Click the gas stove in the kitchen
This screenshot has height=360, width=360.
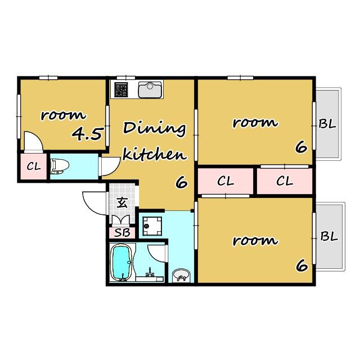[121, 89]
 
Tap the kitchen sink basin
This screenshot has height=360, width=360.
[150, 90]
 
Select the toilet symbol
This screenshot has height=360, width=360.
[60, 166]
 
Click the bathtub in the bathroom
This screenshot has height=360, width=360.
[121, 262]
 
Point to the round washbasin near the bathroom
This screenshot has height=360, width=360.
[181, 275]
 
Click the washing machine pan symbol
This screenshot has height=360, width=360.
[152, 226]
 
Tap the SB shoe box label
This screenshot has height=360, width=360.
[122, 233]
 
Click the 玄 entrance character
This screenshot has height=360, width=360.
[122, 202]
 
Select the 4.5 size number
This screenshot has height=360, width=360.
[87, 134]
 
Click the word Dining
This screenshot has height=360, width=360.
[154, 129]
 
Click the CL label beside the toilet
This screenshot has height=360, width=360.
[34, 166]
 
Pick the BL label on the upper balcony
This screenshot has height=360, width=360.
[327, 124]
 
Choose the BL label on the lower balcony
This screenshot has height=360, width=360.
[329, 236]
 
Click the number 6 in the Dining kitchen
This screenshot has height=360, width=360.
[182, 183]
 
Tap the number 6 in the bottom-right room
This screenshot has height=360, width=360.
[301, 265]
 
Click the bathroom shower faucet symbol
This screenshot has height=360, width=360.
[150, 272]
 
